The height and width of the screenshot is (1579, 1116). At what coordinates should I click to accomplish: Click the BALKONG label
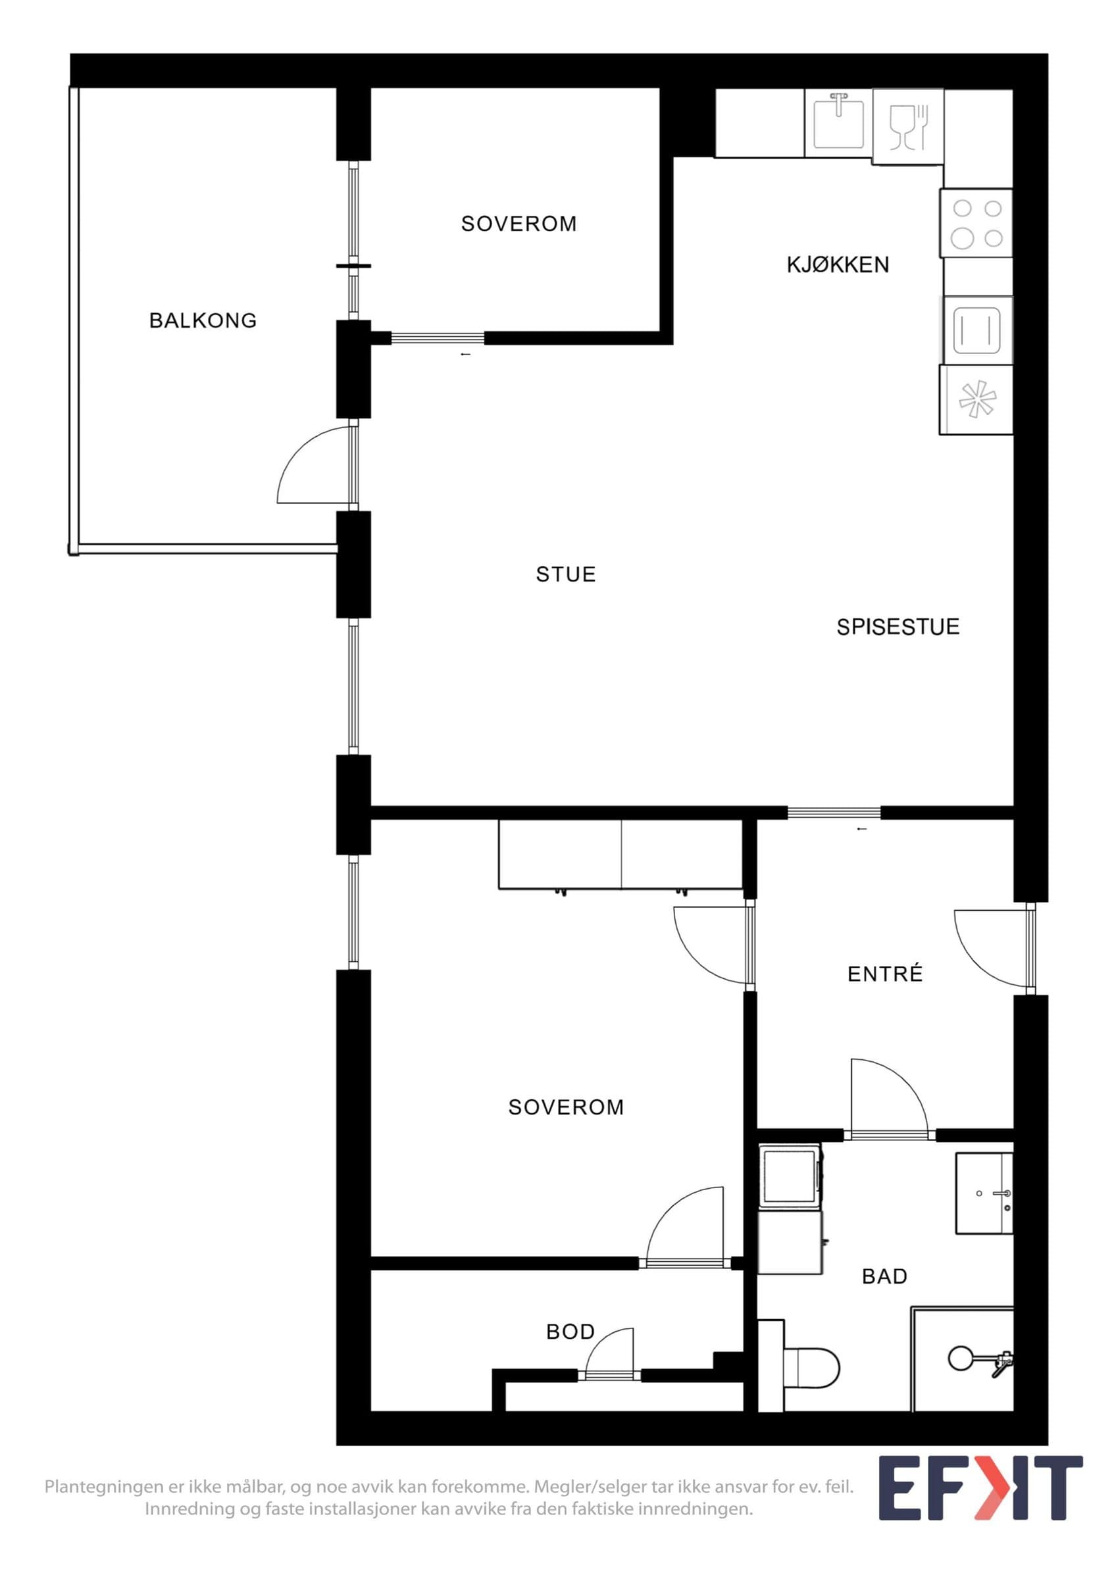tap(203, 320)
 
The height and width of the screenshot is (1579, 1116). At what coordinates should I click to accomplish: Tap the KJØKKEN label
tap(838, 264)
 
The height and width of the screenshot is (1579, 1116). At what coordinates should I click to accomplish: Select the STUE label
tap(566, 574)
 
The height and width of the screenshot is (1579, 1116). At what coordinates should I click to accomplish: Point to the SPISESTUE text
tap(898, 626)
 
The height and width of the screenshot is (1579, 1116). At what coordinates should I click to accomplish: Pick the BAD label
tap(885, 1276)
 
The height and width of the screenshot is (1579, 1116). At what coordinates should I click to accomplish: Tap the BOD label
tap(570, 1332)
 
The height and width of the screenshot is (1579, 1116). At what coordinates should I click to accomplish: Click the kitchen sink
tap(838, 123)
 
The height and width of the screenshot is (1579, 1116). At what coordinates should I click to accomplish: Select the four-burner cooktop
tap(977, 223)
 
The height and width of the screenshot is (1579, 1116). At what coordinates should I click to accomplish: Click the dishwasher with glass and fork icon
tap(908, 126)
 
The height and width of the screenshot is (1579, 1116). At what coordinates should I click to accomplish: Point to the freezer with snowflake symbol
tap(977, 399)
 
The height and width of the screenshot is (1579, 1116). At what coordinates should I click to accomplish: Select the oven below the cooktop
tap(977, 330)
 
